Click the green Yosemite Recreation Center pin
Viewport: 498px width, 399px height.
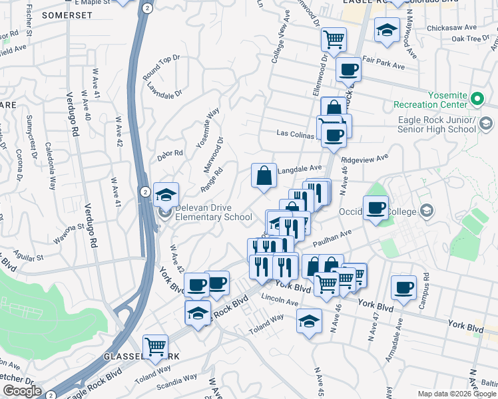(477, 99)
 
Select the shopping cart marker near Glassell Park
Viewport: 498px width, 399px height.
(155, 345)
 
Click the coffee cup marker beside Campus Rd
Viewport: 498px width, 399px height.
(403, 287)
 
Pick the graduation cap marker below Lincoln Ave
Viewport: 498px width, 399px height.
(308, 322)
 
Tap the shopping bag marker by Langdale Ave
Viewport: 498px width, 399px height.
(264, 176)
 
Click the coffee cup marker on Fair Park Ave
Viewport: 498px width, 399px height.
(348, 68)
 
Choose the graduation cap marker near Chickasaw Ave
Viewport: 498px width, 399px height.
(386, 30)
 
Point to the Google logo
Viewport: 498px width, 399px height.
(21, 391)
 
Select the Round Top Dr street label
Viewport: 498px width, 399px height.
(162, 68)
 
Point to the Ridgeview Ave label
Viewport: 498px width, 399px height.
(364, 159)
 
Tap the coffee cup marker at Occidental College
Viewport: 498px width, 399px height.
(376, 208)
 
